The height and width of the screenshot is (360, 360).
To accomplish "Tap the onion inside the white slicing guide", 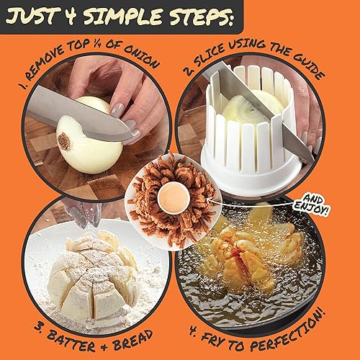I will [251, 108].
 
